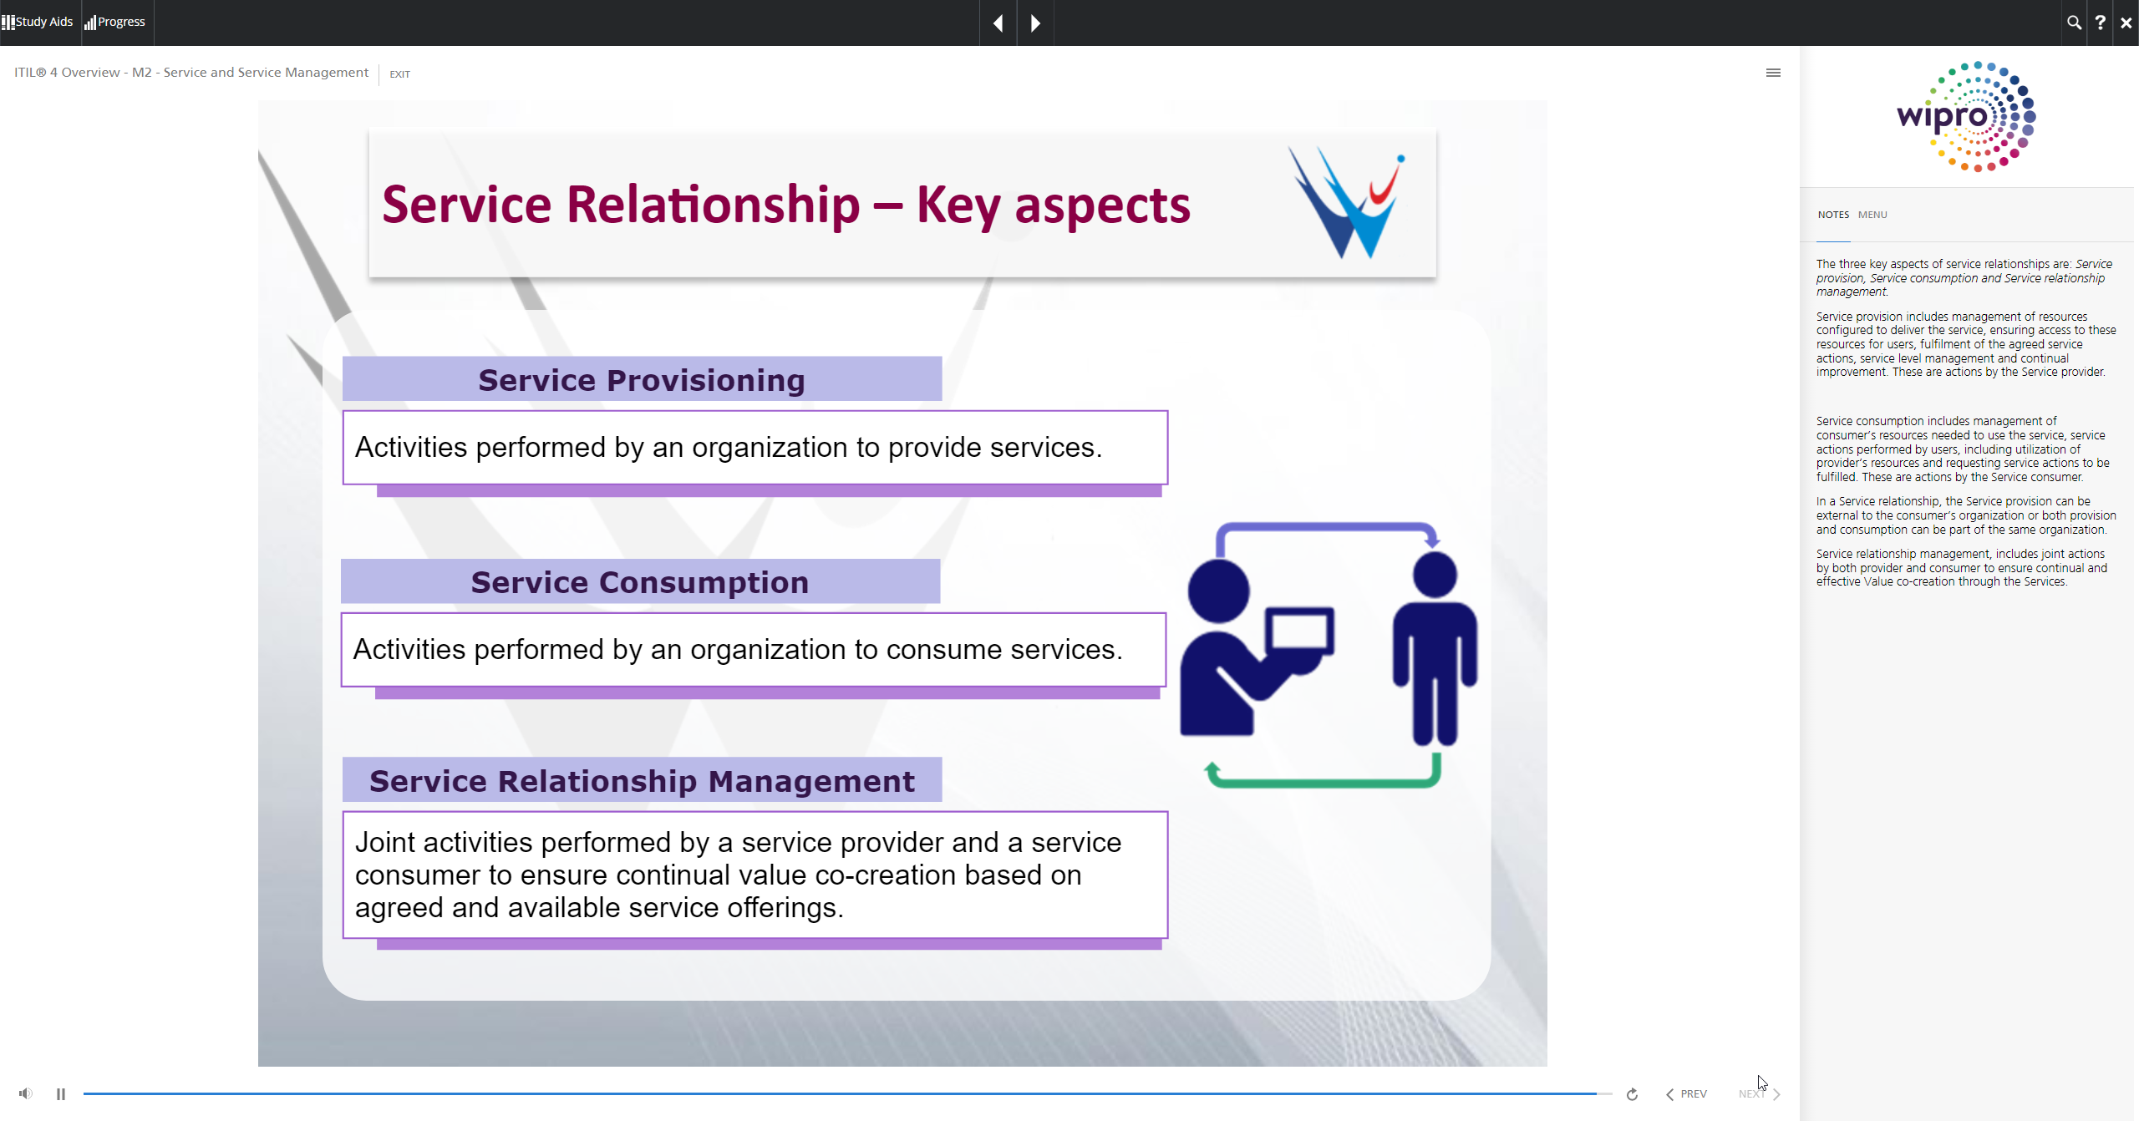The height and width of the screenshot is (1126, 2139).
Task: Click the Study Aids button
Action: (x=38, y=22)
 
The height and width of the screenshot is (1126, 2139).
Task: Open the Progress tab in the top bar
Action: (x=115, y=22)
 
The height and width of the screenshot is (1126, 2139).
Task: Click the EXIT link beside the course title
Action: (x=399, y=74)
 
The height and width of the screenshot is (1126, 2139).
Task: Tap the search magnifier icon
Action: (x=2074, y=23)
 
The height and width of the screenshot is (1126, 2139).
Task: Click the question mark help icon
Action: (x=2100, y=23)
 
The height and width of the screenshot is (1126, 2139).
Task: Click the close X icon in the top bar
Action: (x=2126, y=23)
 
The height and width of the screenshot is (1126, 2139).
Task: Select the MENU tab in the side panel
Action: (x=1872, y=215)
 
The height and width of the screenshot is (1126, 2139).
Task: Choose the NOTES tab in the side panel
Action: (x=1833, y=215)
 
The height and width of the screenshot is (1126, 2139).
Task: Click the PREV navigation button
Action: (x=1686, y=1093)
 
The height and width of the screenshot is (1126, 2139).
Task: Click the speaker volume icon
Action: (x=26, y=1093)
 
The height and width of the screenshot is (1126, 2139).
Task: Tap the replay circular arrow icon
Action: (x=1632, y=1094)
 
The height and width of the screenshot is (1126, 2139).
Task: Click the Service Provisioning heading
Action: (x=642, y=380)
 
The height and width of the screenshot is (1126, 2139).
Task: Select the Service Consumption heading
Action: (x=640, y=582)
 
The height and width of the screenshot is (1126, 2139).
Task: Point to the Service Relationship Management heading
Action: (x=642, y=781)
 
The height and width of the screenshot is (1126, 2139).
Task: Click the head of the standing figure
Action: (x=1435, y=575)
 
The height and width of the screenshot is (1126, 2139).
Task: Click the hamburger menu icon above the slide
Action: (x=1773, y=73)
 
